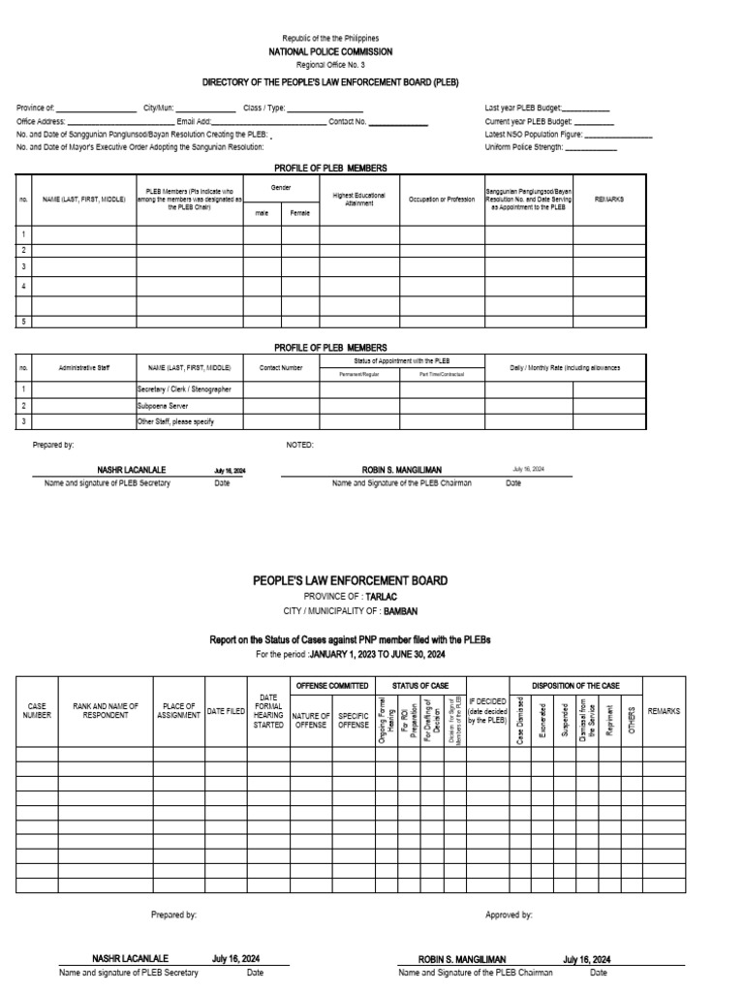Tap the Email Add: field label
point(194,122)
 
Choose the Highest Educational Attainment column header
point(358,199)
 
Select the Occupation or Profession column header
point(443,199)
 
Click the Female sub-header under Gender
point(299,212)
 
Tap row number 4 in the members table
point(23,286)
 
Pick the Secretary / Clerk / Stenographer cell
point(185,388)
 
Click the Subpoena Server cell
point(163,405)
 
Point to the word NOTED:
point(299,445)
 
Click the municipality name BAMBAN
point(401,612)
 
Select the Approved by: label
point(509,914)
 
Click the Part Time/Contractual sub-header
point(442,374)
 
